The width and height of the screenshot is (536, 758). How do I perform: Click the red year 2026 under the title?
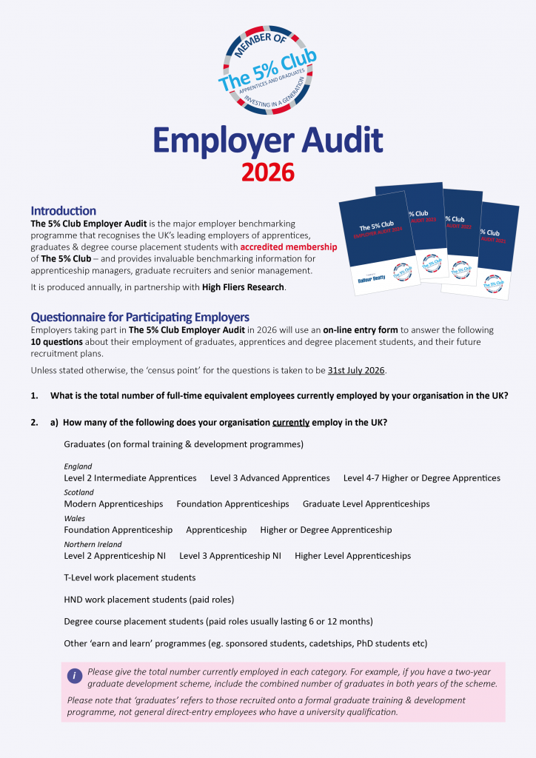[x=267, y=171]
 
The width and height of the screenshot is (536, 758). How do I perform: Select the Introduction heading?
[x=64, y=211]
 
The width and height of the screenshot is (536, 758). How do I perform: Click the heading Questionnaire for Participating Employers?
[x=140, y=318]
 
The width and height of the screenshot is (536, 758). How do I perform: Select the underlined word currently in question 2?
[x=291, y=422]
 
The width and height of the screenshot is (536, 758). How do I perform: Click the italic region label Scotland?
[x=79, y=492]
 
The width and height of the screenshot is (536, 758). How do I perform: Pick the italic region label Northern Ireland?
[x=93, y=544]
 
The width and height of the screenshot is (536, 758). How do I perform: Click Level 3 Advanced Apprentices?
[x=270, y=478]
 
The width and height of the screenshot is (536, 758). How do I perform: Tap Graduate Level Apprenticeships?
[x=366, y=504]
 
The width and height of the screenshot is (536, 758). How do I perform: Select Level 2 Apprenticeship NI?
[x=115, y=556]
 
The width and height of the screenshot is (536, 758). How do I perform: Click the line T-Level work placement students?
[x=130, y=577]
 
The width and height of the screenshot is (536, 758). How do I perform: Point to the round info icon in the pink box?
[x=75, y=676]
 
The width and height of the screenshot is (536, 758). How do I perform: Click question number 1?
[x=35, y=395]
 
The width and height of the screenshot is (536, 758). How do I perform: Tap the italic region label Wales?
[x=75, y=518]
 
